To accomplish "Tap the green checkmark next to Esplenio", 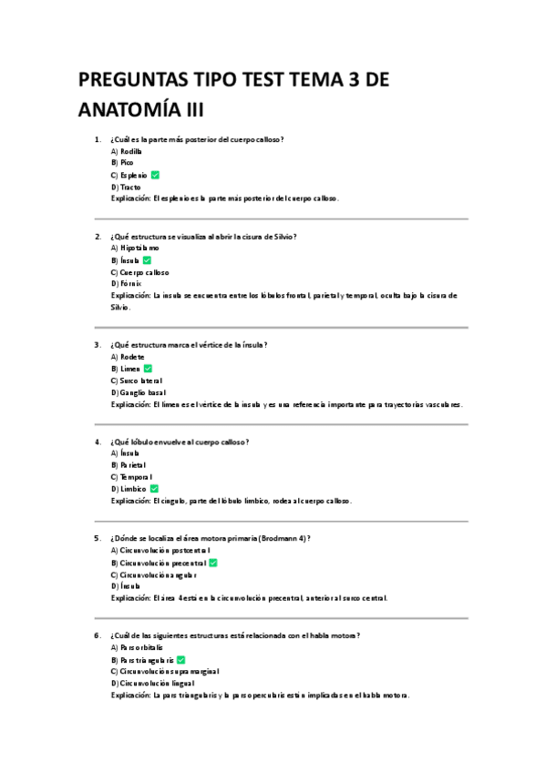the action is (x=156, y=174).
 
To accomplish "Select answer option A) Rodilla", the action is (x=126, y=151).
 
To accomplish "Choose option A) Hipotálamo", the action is (x=135, y=248).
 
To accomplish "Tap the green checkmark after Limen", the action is (x=148, y=369).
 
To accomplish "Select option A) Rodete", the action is (x=128, y=357).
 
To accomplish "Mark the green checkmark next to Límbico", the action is (x=154, y=489).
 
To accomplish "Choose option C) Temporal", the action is (x=131, y=477).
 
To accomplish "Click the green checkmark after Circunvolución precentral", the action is (x=212, y=563).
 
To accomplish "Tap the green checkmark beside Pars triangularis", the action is (x=181, y=659).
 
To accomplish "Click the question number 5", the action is (x=97, y=538).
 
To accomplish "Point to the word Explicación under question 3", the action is (x=130, y=404).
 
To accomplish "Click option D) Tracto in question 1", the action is (x=126, y=187).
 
